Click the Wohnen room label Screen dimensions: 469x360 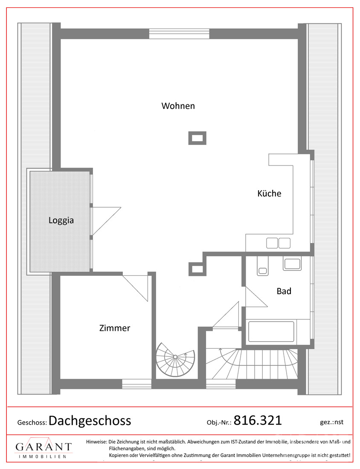point(178,106)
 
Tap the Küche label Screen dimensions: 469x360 point(269,193)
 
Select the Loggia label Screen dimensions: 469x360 point(61,220)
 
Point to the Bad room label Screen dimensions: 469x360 point(284,291)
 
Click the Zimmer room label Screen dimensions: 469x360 point(114,328)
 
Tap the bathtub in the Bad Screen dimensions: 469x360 point(271,331)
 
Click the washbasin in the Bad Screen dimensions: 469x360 point(292,264)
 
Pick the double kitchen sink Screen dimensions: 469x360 point(278,243)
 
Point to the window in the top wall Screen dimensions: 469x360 point(179,33)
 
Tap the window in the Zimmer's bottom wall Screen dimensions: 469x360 point(136,383)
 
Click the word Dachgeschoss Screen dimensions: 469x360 point(90,421)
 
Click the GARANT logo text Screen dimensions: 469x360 point(44,447)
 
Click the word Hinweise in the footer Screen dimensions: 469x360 point(96,442)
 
